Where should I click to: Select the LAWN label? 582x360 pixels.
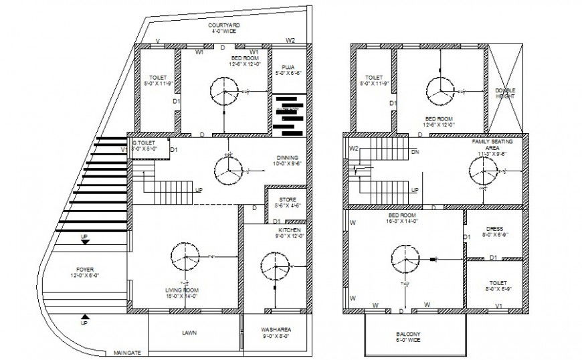tap(193, 331)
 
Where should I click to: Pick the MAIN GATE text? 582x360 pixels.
tap(127, 352)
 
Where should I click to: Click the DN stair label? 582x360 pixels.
tap(415, 152)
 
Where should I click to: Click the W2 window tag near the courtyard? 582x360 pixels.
tap(290, 41)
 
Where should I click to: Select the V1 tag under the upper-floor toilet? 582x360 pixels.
tap(498, 306)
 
